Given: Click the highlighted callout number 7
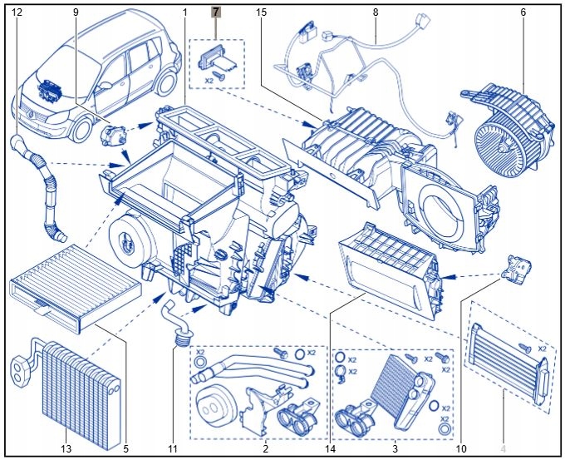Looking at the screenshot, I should tap(216, 12).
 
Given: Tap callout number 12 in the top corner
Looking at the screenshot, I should tap(17, 12).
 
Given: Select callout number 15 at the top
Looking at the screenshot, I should tap(262, 12).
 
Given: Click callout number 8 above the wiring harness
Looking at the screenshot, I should tap(376, 12).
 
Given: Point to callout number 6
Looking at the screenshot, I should tap(523, 12).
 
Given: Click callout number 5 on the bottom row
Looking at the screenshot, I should tap(126, 449).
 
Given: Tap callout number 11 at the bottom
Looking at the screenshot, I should tap(173, 449).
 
